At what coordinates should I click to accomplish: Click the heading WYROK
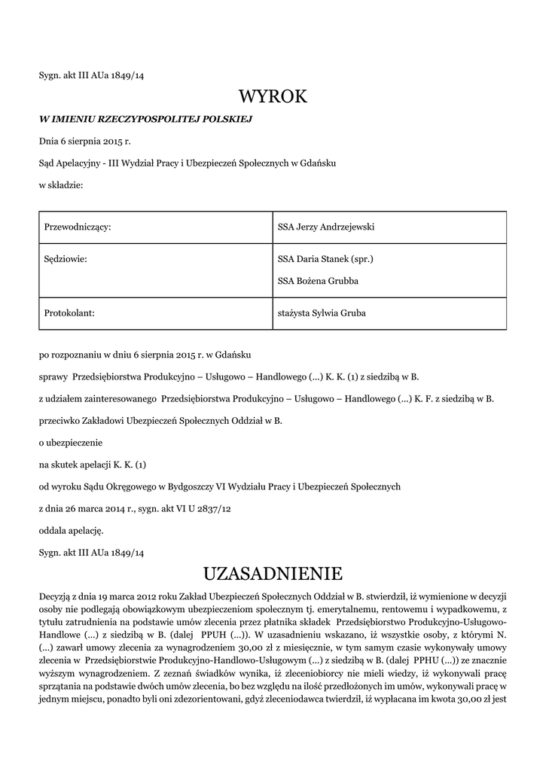273,96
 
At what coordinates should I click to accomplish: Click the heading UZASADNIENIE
273,574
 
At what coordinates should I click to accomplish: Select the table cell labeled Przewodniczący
78,227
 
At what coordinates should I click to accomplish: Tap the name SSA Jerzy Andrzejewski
326,227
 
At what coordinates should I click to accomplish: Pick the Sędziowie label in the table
66,259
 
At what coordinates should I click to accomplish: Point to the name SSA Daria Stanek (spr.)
325,259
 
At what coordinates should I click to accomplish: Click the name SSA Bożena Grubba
318,281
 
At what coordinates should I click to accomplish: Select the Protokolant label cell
70,313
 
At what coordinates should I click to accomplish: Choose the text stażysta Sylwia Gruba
322,313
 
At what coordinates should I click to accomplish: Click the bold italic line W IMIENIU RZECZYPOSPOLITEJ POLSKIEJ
145,119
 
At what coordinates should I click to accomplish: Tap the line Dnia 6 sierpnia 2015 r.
84,141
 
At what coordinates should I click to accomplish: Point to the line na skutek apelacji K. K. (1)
92,465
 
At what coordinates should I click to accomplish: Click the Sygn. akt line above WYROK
91,75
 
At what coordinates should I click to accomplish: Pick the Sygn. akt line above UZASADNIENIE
91,552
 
